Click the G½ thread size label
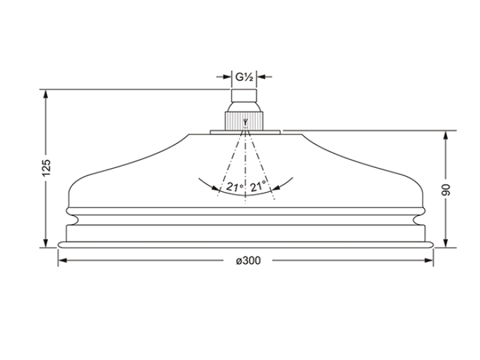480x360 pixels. pos(244,77)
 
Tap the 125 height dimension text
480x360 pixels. pos(46,168)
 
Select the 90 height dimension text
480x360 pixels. pos(446,190)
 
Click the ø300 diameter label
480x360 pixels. pos(248,261)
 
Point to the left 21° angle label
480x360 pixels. pos(235,186)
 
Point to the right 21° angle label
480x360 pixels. pos(258,186)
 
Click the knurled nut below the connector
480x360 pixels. pos(244,121)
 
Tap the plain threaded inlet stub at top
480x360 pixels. pos(243,95)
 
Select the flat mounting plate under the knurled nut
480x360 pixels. pos(245,132)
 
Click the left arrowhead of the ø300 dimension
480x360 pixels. pos(62,261)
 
